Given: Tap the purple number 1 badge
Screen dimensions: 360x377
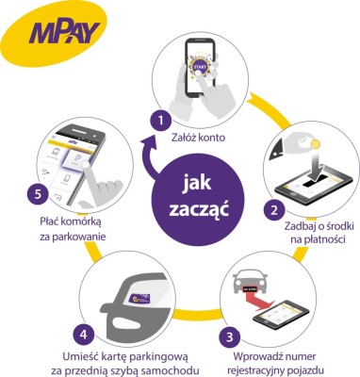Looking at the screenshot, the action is [161, 121].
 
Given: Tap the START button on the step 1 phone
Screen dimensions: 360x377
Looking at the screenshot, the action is [199, 69].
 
